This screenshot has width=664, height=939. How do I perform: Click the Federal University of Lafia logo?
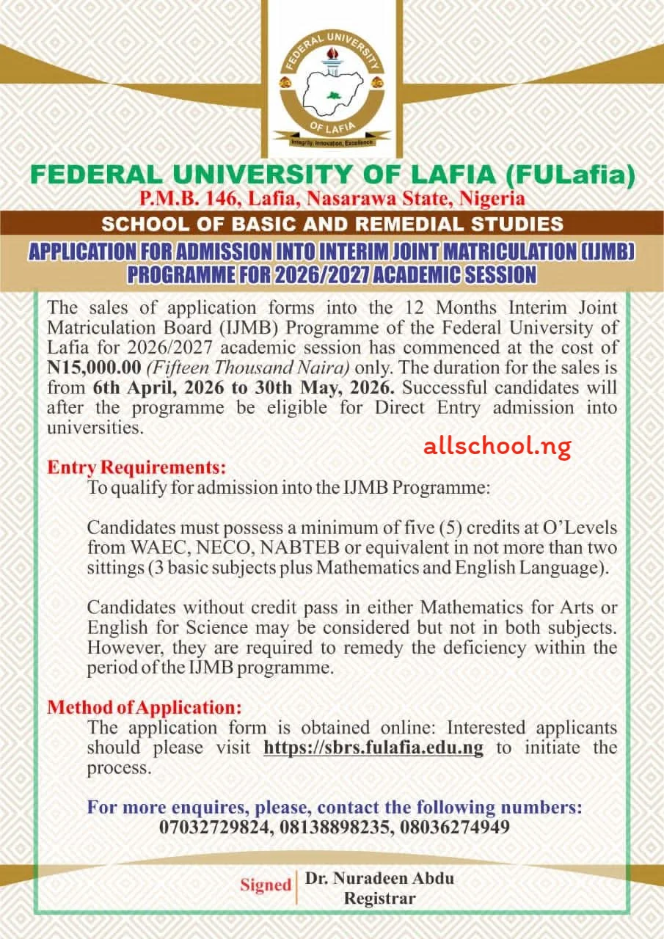tap(332, 85)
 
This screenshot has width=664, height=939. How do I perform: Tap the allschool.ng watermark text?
tap(497, 446)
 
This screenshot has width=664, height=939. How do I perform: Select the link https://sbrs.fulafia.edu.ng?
tap(373, 748)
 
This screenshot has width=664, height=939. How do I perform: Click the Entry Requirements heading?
tap(137, 467)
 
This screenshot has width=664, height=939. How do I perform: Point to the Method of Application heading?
tap(145, 708)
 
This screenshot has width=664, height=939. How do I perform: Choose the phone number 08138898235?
tap(335, 827)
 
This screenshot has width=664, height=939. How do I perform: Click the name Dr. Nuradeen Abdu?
tap(380, 877)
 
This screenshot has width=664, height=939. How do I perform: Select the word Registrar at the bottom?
tap(380, 898)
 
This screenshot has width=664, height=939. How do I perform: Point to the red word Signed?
tap(266, 885)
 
